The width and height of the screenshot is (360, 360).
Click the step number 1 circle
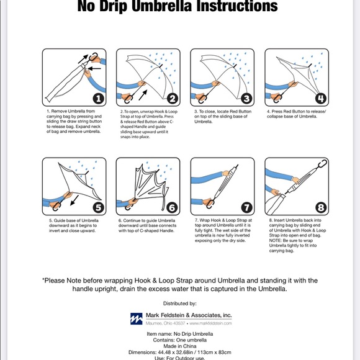98,99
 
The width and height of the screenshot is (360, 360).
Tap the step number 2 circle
172,99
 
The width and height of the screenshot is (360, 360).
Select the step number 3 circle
246,99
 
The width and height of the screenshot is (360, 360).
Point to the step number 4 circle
320,99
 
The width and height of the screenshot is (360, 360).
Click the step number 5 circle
98,208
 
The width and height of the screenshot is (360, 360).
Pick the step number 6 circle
172,208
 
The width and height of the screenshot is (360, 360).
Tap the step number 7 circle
246,208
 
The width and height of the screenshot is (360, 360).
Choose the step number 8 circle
320,208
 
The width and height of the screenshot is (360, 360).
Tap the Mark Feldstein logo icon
136,318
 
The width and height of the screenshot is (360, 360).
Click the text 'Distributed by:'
180,304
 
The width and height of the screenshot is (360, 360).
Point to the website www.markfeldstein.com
210,323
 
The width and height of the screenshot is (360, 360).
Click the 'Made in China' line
180,346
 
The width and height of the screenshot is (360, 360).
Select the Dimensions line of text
180,353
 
